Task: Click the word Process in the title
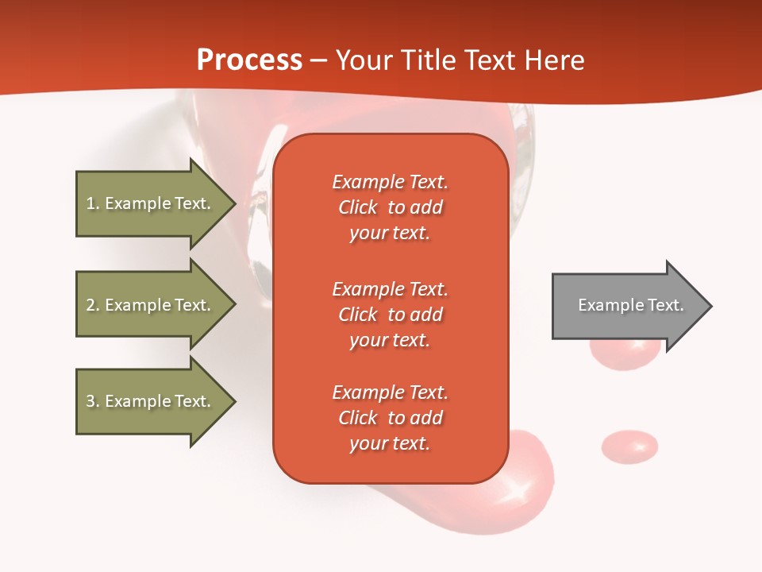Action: [x=249, y=60]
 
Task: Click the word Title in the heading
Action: [x=429, y=60]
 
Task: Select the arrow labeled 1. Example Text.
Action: [x=151, y=203]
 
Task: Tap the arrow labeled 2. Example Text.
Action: [x=151, y=305]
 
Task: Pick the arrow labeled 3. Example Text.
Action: [x=151, y=401]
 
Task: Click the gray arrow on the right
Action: [x=627, y=306]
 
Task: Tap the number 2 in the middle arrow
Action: [x=91, y=305]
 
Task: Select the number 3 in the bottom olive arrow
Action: [x=91, y=401]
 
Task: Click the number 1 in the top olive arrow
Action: [x=90, y=203]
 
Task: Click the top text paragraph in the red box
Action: [x=390, y=207]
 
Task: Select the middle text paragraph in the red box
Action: [x=390, y=315]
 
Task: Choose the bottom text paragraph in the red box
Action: [x=390, y=418]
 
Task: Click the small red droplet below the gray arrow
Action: [x=629, y=446]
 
